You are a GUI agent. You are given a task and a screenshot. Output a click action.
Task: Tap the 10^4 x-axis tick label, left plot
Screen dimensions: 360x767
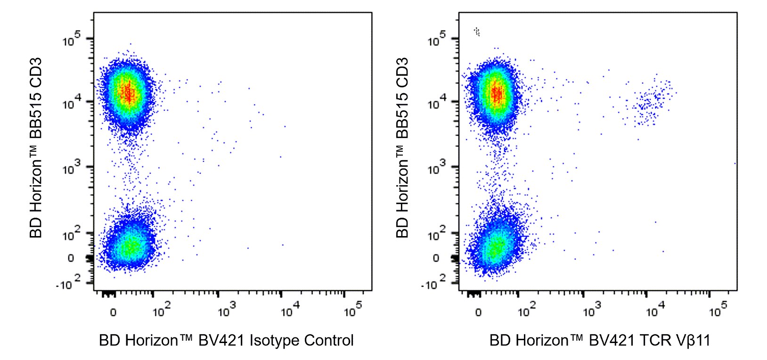tap(290, 310)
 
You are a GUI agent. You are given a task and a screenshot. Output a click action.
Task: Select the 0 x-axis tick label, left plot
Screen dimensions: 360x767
tap(113, 312)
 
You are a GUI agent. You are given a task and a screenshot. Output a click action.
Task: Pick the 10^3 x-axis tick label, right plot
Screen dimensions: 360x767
tap(592, 310)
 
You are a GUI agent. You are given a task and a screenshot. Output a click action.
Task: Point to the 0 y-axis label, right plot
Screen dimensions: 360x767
tap(436, 258)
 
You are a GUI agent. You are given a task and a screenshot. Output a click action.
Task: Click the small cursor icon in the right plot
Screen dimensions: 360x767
tap(477, 32)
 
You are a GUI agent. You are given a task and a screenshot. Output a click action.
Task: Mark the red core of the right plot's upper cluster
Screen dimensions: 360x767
tap(496, 93)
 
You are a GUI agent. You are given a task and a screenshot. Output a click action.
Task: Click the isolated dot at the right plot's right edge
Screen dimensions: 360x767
tap(735, 164)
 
